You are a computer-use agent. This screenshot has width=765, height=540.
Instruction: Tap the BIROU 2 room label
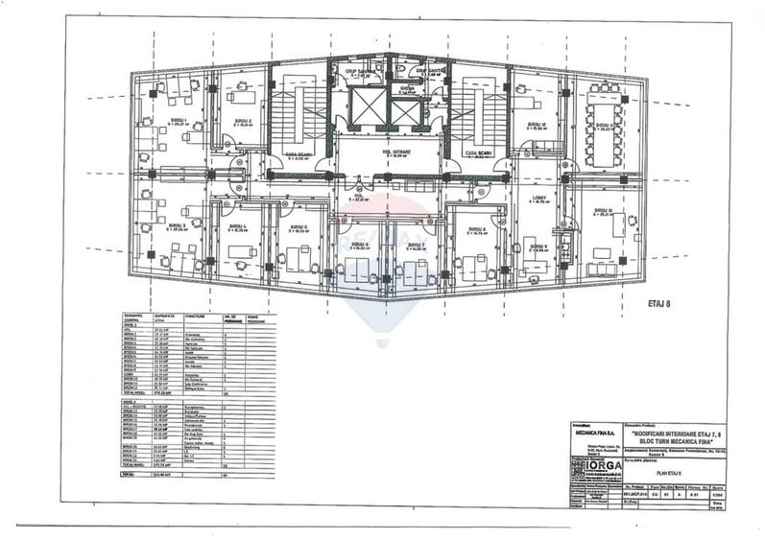coord(243,122)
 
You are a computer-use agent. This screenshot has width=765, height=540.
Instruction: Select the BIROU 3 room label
coord(179,226)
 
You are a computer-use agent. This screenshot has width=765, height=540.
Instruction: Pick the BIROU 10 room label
coord(603,210)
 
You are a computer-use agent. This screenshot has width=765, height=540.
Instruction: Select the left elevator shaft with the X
coord(366,107)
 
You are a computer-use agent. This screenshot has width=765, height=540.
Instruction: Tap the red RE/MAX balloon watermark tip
coord(383,342)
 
